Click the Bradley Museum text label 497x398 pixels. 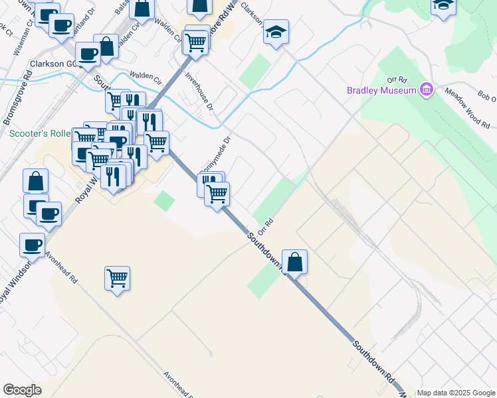tap(381, 90)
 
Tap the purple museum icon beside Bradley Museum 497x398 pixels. tap(426, 90)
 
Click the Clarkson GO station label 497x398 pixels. tap(54, 64)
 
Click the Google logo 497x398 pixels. tap(22, 390)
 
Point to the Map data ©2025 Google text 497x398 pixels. tap(456, 393)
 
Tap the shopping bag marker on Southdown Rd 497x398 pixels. tap(294, 261)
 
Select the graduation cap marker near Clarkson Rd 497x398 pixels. tap(275, 31)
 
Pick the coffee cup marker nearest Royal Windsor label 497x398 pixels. tap(32, 245)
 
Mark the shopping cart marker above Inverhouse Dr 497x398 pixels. tap(195, 42)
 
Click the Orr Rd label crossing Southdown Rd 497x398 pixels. tap(266, 228)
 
